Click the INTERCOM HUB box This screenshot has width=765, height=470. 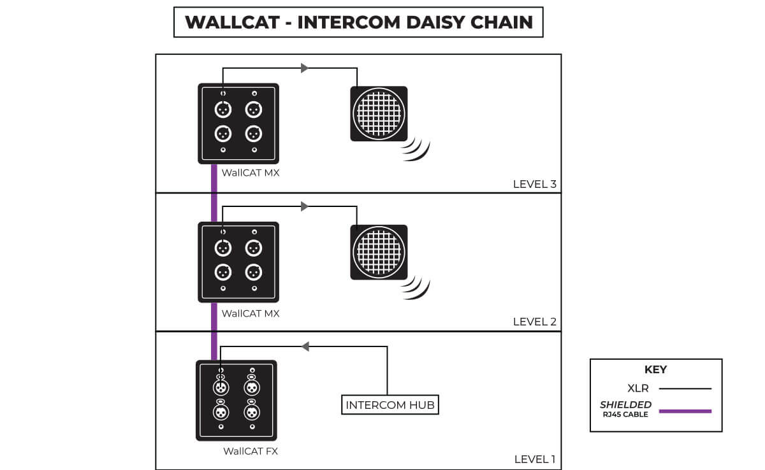(390, 405)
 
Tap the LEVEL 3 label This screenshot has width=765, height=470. (534, 185)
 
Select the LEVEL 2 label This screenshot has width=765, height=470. (534, 322)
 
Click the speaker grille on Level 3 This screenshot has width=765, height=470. (379, 113)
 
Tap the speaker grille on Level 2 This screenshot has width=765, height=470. (379, 252)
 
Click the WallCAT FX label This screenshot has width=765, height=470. (251, 452)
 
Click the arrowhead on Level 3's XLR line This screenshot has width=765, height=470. (305, 68)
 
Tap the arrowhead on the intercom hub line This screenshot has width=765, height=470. (305, 346)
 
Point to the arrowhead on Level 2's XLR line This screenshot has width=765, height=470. (305, 206)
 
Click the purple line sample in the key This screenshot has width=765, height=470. (685, 411)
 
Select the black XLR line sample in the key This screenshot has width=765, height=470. (685, 388)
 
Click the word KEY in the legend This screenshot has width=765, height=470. (655, 369)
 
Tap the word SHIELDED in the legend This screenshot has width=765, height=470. (625, 404)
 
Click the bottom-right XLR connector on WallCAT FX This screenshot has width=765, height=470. (251, 412)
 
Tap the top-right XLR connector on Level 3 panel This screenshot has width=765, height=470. (254, 110)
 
